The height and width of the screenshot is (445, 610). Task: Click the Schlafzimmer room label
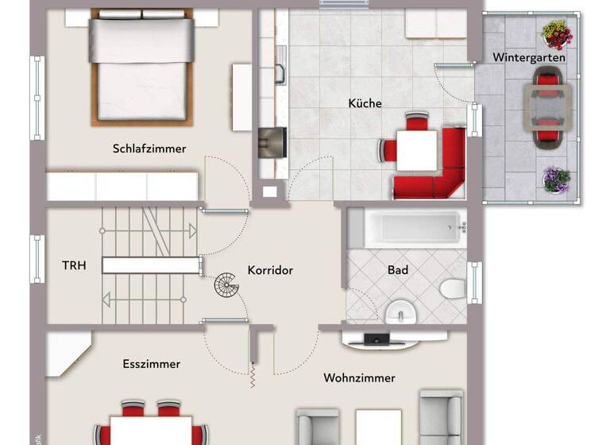149,149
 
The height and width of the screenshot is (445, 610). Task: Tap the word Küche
365,103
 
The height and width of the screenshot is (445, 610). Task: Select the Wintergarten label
529,57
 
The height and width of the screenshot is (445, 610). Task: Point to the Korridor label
270,270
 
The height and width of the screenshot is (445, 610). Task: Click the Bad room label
398,270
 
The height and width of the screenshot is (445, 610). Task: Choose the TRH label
75,265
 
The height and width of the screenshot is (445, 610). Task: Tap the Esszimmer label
151,364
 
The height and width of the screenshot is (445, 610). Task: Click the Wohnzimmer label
359,378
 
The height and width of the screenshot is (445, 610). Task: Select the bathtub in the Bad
405,228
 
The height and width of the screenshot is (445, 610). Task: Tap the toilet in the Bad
454,287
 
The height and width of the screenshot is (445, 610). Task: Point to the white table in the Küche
416,150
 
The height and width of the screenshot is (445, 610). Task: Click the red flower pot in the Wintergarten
558,35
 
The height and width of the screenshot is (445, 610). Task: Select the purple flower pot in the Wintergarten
556,179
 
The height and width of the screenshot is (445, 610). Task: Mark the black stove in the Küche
272,143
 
